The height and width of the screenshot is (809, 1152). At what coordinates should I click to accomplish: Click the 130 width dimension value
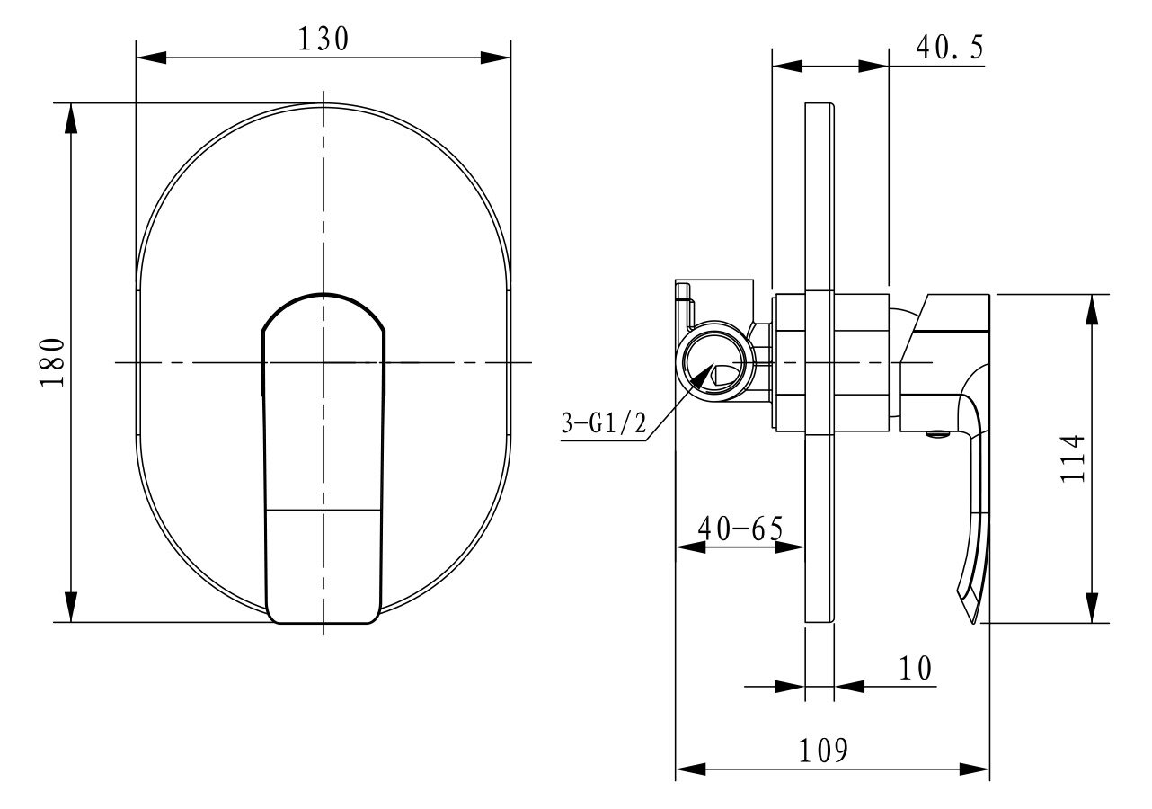pyautogui.click(x=323, y=39)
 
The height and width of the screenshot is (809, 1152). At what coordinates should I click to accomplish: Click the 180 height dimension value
pyautogui.click(x=52, y=362)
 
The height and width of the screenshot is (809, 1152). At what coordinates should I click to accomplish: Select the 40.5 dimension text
pyautogui.click(x=950, y=48)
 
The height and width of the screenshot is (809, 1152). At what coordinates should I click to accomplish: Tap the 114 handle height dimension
pyautogui.click(x=1072, y=458)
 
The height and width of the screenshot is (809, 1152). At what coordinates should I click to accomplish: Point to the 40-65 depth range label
pyautogui.click(x=740, y=529)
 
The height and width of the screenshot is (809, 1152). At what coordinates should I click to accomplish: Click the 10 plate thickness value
pyautogui.click(x=915, y=669)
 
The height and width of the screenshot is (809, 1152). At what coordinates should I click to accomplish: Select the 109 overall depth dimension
pyautogui.click(x=823, y=751)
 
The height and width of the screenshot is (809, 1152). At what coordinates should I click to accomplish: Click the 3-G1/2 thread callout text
pyautogui.click(x=603, y=423)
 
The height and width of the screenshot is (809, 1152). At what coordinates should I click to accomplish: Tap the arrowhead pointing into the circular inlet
pyautogui.click(x=704, y=376)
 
